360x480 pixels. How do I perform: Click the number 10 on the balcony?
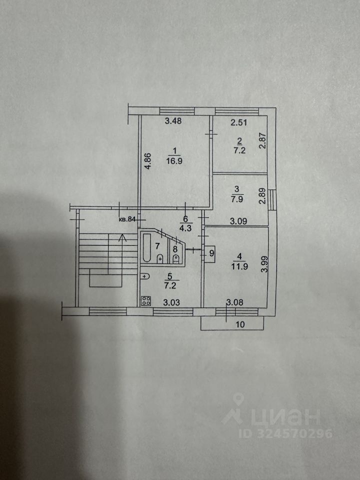point(240,324)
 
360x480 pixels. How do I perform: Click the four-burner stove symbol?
point(146,300)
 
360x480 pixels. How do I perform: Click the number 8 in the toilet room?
point(175,248)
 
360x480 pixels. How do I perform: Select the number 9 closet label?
point(211,253)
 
